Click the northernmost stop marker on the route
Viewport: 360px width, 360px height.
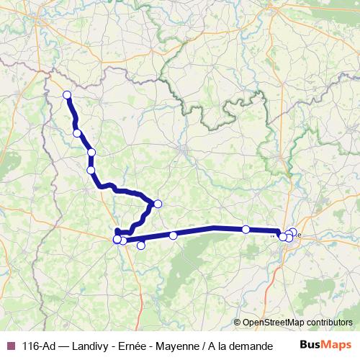pos(67,95)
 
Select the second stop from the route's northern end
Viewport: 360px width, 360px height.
pos(76,133)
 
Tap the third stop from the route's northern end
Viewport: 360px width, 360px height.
pos(91,152)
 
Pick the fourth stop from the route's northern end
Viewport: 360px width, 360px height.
pos(91,170)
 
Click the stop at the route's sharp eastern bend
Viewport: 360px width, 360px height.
pos(158,204)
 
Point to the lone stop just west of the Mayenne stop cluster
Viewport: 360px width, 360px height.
pos(246,230)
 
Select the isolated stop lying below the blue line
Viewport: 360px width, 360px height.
pos(140,246)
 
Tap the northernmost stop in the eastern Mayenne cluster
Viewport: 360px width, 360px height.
pos(293,232)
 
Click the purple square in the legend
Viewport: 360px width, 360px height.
pos(11,346)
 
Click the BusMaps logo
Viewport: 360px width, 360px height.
pos(325,345)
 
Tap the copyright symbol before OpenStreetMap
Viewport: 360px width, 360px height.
pos(238,323)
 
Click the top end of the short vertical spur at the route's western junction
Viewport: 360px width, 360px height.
pos(117,230)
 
